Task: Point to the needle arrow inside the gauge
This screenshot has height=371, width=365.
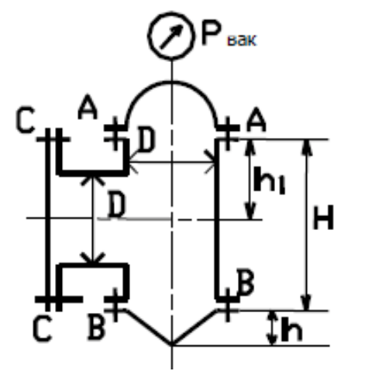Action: (171, 36)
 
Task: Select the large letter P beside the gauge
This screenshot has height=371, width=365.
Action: (212, 33)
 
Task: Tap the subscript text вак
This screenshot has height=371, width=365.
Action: (242, 40)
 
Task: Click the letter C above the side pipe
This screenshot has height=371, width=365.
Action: (25, 120)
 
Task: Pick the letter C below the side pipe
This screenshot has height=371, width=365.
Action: (43, 328)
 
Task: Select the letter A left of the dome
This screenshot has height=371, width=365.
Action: (88, 107)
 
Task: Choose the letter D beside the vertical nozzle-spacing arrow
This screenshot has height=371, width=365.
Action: (116, 204)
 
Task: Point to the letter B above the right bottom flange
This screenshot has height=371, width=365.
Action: (246, 282)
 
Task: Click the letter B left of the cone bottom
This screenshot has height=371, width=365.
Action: (97, 326)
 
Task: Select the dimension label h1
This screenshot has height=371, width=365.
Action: (270, 180)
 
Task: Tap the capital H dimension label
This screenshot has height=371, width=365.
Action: (323, 217)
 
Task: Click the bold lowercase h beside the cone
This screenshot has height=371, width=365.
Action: (291, 328)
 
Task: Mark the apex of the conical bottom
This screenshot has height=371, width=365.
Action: (171, 345)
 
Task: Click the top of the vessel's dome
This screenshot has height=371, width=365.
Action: (171, 82)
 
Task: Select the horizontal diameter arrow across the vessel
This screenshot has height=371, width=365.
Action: (171, 162)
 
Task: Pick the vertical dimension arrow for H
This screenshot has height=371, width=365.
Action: (306, 225)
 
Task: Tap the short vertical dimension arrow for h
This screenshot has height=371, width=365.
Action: (271, 328)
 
